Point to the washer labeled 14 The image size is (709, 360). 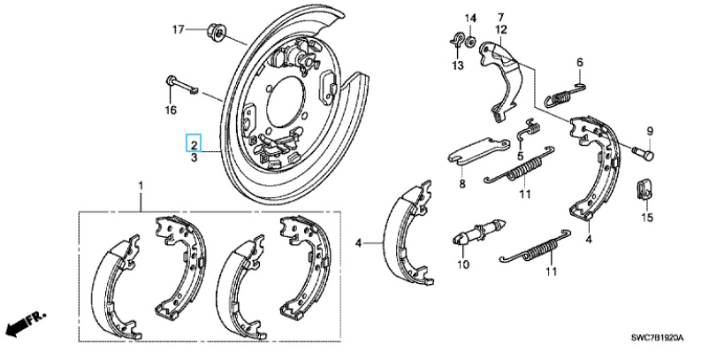coord(471,41)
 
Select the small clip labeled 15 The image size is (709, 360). coord(644,188)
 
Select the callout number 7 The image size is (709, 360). coord(499,17)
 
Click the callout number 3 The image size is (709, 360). coord(194,157)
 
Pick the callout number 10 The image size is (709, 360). coord(461,264)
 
